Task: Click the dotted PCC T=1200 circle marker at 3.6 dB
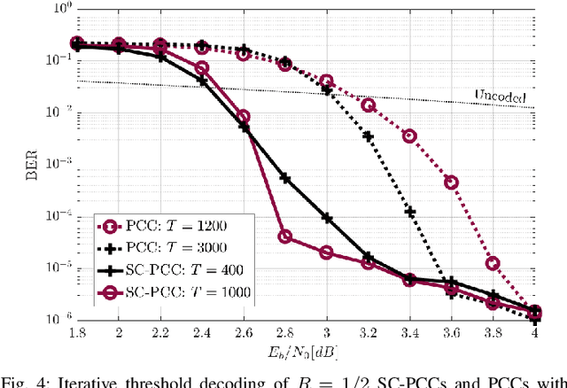451,182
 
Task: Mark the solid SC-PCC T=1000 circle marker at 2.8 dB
285,237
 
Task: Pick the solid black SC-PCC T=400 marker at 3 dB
327,218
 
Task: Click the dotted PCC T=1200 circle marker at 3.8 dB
493,263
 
